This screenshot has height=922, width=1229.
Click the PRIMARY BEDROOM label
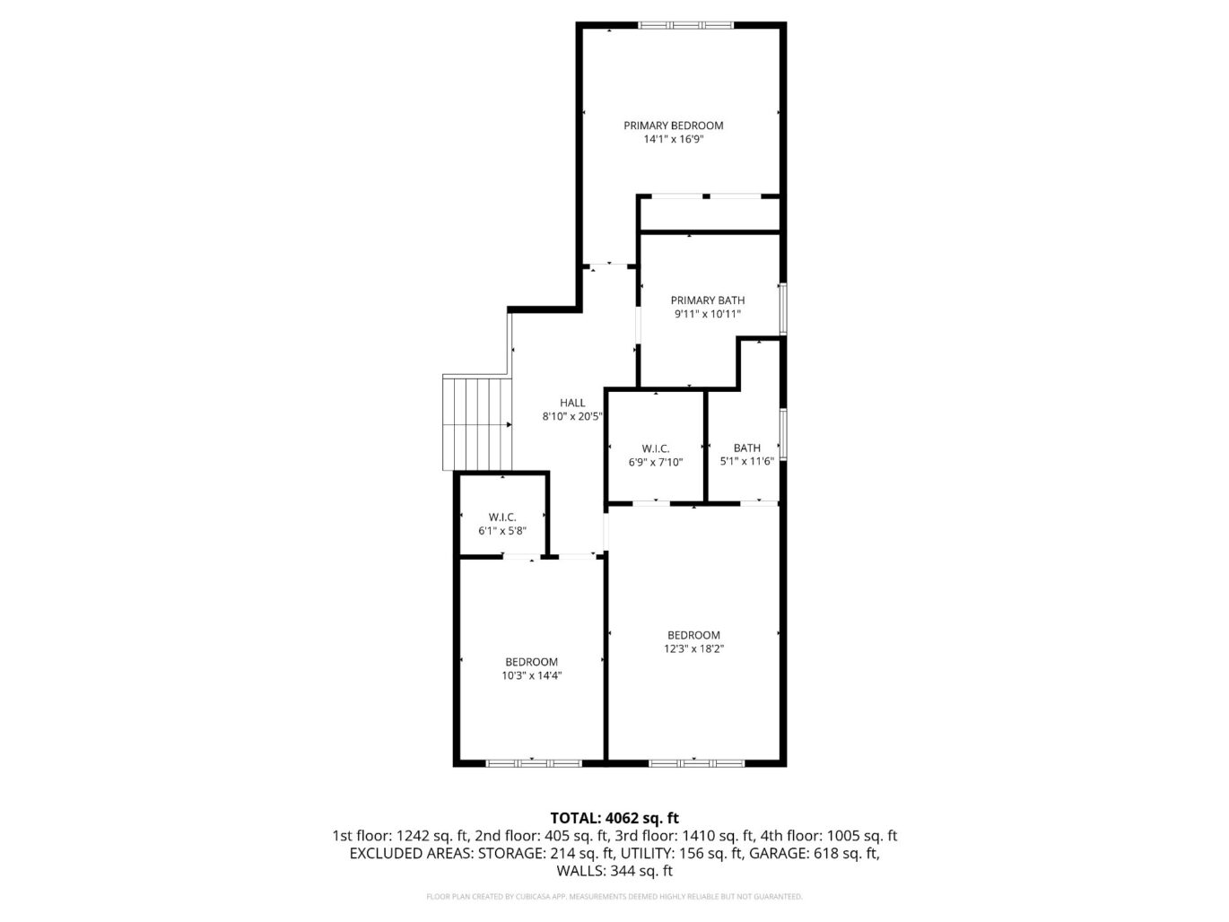[x=673, y=126]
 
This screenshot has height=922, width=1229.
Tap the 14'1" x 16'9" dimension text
[x=673, y=140]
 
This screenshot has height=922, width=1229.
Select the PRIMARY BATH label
[x=708, y=300]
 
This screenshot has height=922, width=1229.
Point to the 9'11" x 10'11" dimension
[x=708, y=315]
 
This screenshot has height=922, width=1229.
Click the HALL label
[x=572, y=403]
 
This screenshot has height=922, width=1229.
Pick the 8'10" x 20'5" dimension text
[x=572, y=417]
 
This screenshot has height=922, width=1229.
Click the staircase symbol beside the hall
[x=477, y=423]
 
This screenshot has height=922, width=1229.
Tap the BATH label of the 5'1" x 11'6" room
[x=746, y=448]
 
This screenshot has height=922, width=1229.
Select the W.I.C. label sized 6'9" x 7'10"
[x=656, y=448]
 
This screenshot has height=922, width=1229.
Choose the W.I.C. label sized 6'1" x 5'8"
[x=502, y=518]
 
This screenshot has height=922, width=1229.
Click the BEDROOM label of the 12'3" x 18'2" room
[x=693, y=635]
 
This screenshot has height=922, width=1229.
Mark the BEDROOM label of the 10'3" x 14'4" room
[x=531, y=662]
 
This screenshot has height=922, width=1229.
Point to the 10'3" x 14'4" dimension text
[x=531, y=676]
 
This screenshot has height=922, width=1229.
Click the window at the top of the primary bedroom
[x=686, y=25]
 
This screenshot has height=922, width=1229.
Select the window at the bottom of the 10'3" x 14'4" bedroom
[x=534, y=763]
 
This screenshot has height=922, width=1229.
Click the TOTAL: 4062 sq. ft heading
[x=614, y=818]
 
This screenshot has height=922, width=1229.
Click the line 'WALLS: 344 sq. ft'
[x=614, y=871]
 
